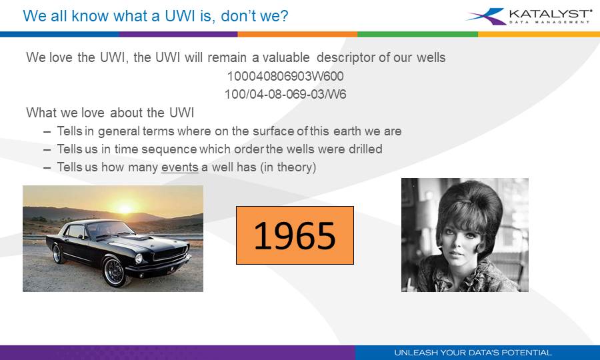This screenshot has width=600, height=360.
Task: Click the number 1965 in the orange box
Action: (294, 235)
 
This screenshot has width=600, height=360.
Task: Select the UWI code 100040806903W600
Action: (285, 76)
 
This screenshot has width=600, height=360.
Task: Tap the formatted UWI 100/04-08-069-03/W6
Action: (285, 94)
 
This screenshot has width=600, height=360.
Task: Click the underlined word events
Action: (180, 167)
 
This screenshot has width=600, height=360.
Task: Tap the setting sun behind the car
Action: (125, 208)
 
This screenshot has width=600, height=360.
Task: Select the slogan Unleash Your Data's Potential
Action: (473, 352)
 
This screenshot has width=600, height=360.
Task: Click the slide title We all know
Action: (59, 15)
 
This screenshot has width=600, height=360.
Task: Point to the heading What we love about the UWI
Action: (110, 113)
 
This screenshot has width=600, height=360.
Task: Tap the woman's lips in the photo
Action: (455, 265)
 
